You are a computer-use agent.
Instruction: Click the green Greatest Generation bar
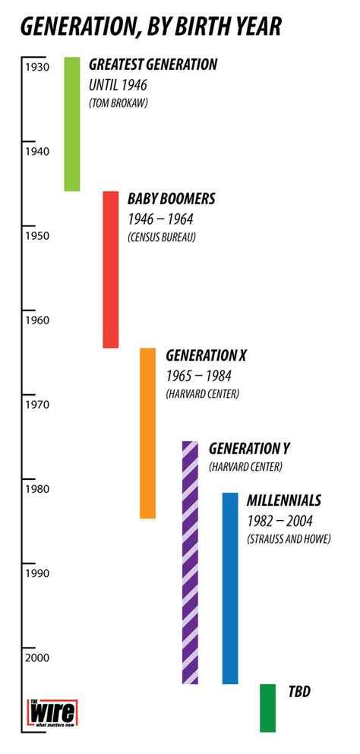(72, 124)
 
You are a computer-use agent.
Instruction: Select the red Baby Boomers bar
(111, 270)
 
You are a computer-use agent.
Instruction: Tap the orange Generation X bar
(148, 433)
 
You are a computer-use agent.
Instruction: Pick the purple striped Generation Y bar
(190, 562)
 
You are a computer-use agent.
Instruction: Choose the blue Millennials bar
(230, 588)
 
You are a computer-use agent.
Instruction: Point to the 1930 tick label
(36, 67)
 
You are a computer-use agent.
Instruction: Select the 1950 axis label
(36, 235)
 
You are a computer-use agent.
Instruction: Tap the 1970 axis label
(36, 404)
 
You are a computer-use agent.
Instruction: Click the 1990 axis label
(36, 573)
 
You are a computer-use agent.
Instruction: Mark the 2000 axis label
(36, 658)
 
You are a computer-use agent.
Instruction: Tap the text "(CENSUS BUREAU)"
(162, 238)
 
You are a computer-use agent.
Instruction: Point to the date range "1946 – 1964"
(160, 219)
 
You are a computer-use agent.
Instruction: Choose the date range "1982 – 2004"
(279, 520)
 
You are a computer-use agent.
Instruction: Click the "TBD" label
(299, 692)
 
